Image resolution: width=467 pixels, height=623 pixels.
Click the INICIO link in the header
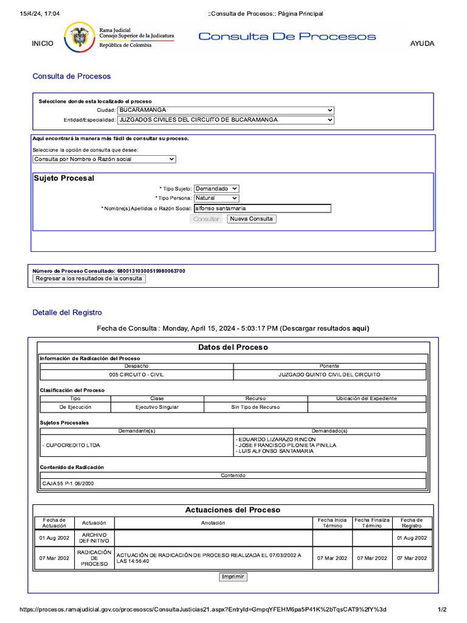(x=43, y=43)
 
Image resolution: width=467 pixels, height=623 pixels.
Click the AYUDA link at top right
(x=423, y=43)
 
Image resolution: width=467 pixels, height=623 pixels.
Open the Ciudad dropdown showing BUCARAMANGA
(x=226, y=110)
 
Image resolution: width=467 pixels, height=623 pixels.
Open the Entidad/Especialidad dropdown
(x=226, y=120)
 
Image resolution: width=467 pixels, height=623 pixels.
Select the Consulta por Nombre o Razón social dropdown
(x=104, y=159)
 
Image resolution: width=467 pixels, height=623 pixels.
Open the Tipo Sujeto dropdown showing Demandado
(x=216, y=189)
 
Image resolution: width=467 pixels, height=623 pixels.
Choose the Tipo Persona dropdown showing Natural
(x=216, y=198)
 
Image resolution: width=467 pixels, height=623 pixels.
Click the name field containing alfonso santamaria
(x=262, y=209)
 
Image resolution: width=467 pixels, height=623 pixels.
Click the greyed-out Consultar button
(x=206, y=219)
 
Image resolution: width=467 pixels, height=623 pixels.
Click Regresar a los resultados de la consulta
(x=89, y=279)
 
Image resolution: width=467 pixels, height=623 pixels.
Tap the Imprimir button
(x=233, y=577)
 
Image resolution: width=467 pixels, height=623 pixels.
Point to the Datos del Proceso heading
(x=233, y=347)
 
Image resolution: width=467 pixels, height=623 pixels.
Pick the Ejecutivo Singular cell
(x=157, y=407)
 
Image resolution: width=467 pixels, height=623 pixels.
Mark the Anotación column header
(x=213, y=523)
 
